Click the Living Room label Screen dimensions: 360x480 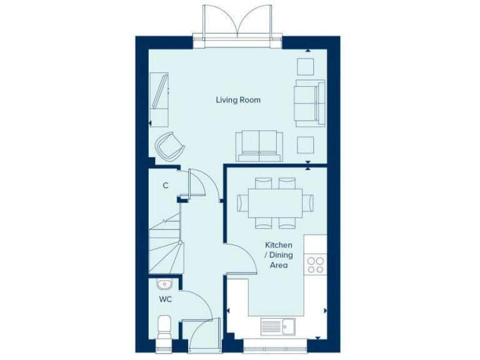pos(238,100)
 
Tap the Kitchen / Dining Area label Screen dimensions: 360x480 pos(278,255)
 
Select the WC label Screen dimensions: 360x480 pos(164,299)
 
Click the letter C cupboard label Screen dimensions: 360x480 pos(166,186)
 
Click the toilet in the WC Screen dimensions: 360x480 pos(164,326)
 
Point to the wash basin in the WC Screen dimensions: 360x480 pos(164,284)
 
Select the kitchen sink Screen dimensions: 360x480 pos(278,326)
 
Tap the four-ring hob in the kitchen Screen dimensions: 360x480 pos(316,265)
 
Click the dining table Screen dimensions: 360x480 pos(275,202)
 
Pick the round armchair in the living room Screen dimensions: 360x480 pos(170,147)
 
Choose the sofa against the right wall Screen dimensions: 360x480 pos(309,102)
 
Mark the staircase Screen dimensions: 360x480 pos(166,244)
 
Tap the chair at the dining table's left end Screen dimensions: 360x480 pos(242,202)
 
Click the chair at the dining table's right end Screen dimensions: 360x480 pos(308,202)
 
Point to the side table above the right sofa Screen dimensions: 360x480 pos(306,66)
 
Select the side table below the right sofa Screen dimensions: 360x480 pos(306,144)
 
